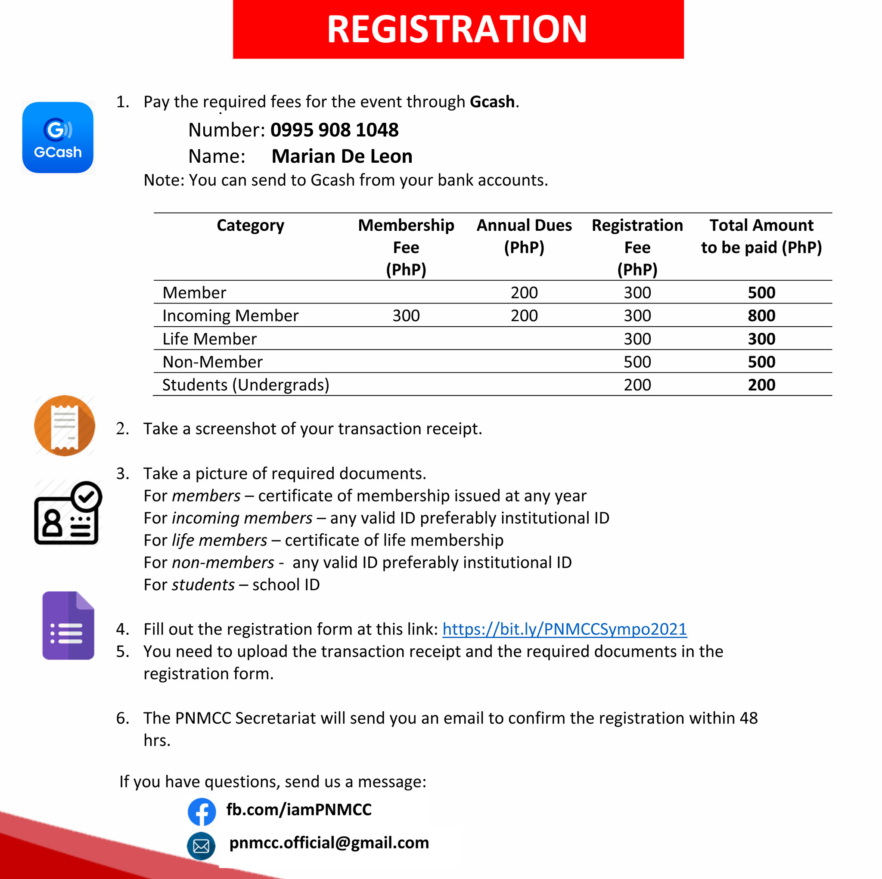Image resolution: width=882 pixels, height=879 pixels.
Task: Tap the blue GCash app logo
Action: pyautogui.click(x=58, y=137)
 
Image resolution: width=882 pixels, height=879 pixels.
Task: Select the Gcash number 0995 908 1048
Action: pyautogui.click(x=334, y=130)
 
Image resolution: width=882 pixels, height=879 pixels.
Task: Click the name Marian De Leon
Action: pyautogui.click(x=342, y=157)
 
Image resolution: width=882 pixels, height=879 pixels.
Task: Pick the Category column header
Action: pyautogui.click(x=250, y=226)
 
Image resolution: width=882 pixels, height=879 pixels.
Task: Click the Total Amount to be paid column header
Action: pyautogui.click(x=761, y=236)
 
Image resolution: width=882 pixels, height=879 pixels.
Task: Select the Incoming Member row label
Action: pyautogui.click(x=230, y=316)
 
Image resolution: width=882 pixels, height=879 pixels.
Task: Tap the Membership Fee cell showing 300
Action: pyautogui.click(x=406, y=316)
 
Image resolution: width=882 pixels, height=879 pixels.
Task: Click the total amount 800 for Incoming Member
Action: pyautogui.click(x=761, y=316)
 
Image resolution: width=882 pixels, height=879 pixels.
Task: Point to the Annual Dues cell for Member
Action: pyautogui.click(x=524, y=293)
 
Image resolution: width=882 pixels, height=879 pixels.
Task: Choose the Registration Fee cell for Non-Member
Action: pyautogui.click(x=637, y=362)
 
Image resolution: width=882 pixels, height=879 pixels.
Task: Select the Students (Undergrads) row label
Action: pyautogui.click(x=245, y=385)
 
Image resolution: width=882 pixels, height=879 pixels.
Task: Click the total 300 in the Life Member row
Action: pyautogui.click(x=761, y=339)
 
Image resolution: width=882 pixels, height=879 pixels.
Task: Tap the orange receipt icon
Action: pyautogui.click(x=64, y=425)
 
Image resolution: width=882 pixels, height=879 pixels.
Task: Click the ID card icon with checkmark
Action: pyautogui.click(x=68, y=513)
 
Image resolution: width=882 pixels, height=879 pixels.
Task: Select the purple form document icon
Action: pyautogui.click(x=68, y=625)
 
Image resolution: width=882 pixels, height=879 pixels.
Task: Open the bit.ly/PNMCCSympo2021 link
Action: pyautogui.click(x=564, y=629)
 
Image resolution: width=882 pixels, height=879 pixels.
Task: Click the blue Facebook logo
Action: pyautogui.click(x=202, y=811)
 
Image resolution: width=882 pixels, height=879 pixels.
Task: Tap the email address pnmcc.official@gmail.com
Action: pyautogui.click(x=329, y=842)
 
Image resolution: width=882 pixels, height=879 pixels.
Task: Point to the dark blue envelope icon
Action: pyautogui.click(x=201, y=846)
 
